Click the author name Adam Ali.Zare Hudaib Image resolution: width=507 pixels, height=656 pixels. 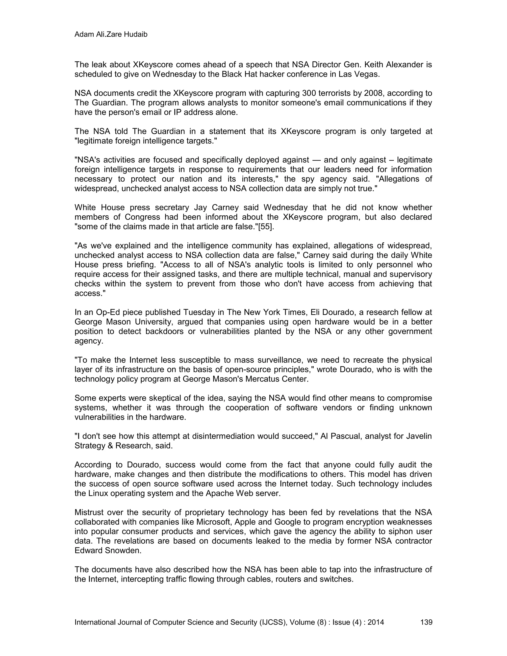tap(111, 35)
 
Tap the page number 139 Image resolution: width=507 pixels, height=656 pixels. tap(426, 622)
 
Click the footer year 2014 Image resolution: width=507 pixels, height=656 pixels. tap(376, 622)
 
